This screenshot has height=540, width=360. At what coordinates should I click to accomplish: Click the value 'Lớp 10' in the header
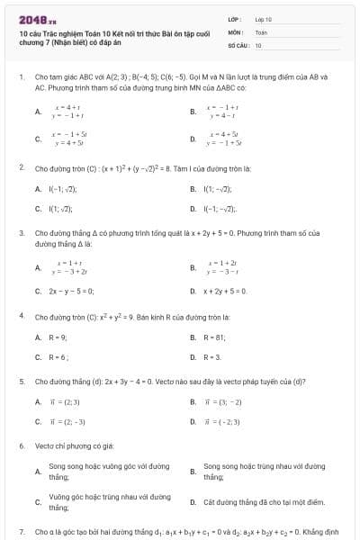tap(264, 18)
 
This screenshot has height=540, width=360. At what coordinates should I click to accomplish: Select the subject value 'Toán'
tap(261, 31)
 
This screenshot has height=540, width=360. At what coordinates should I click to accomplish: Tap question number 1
tap(21, 77)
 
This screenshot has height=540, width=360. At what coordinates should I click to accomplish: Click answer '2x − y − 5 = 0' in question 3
tap(71, 291)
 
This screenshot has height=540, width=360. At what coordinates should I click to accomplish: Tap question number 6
tap(21, 445)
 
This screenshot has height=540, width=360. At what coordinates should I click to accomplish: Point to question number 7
tap(21, 532)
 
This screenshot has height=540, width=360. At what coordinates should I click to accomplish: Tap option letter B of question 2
tap(193, 189)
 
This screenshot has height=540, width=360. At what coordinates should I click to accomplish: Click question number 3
tap(21, 232)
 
